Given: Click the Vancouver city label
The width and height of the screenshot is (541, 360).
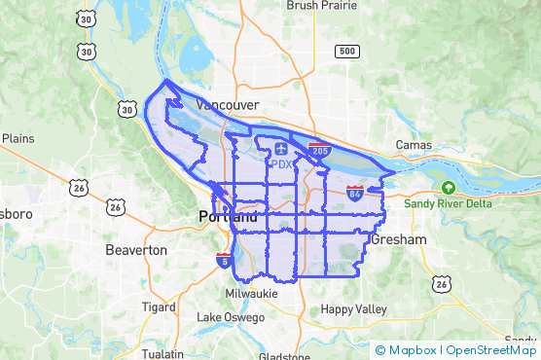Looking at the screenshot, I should [227, 104].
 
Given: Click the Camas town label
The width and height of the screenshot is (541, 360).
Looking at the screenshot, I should [414, 145].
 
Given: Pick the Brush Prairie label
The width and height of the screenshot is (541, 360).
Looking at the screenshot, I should [322, 6].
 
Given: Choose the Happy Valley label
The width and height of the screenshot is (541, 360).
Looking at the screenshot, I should [354, 309].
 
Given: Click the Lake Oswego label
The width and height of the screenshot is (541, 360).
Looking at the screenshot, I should [231, 317].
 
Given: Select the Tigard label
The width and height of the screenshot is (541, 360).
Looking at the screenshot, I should [158, 306].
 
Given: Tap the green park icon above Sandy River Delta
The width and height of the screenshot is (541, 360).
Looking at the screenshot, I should [449, 187].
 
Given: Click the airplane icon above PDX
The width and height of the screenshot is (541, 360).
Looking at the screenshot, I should [281, 148].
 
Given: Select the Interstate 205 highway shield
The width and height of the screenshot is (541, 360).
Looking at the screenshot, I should [318, 151].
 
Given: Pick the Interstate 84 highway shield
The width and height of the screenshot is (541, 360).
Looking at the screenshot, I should [355, 194].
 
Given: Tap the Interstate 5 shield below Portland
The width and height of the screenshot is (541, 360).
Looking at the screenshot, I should [225, 260].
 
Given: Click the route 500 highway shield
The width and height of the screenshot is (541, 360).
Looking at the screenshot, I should [346, 50].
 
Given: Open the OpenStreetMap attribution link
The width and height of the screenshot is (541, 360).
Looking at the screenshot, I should [491, 350].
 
